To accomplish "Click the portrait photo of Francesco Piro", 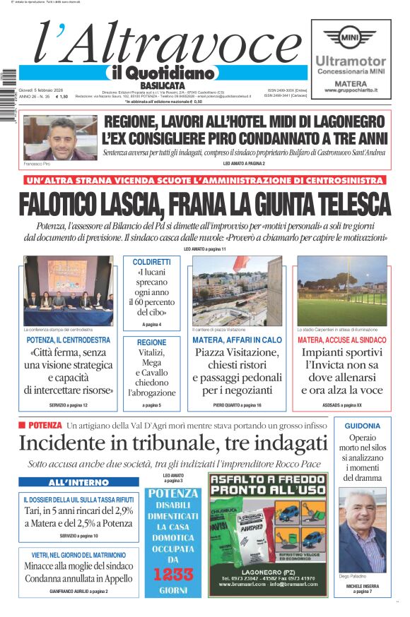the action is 50,138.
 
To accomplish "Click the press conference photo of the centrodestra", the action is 68,291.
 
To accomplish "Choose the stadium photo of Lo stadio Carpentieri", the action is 342,291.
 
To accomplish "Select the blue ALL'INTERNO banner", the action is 78,483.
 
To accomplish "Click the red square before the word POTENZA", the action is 22,426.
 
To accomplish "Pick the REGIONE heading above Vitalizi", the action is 152,342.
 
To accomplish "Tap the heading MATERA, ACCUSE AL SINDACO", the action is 342,340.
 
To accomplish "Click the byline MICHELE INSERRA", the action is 363,586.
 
